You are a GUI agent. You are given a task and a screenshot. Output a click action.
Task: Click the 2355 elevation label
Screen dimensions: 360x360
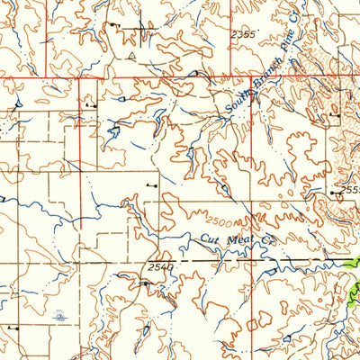click(x=243, y=33)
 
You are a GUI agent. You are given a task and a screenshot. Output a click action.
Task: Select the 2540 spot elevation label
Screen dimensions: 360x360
click(x=157, y=267)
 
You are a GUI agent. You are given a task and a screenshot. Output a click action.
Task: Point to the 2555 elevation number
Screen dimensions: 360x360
click(x=348, y=192)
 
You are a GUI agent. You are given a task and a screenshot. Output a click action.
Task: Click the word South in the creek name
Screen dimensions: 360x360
click(x=237, y=108)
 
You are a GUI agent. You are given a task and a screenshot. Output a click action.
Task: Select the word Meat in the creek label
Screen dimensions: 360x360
click(x=237, y=241)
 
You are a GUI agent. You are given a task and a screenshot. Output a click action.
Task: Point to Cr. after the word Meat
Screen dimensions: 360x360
click(x=264, y=243)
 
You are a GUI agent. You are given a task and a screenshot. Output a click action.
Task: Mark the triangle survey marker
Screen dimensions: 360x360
click(x=131, y=55)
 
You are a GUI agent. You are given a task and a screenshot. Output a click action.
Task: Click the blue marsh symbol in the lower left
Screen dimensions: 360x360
click(x=58, y=316)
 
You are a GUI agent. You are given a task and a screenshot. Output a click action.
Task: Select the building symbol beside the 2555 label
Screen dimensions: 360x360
click(x=333, y=192)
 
